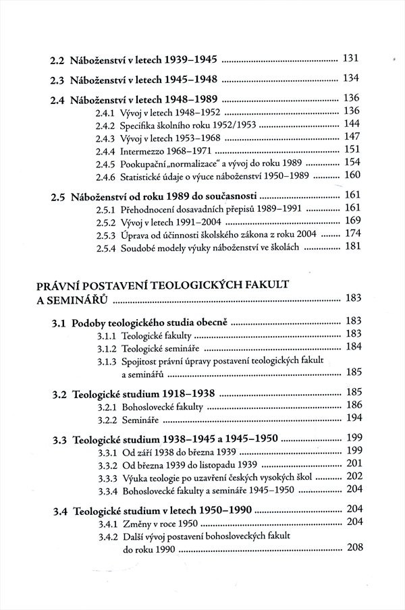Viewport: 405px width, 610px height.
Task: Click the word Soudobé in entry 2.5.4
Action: click(137, 248)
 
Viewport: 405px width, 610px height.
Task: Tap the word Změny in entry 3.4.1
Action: click(136, 524)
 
